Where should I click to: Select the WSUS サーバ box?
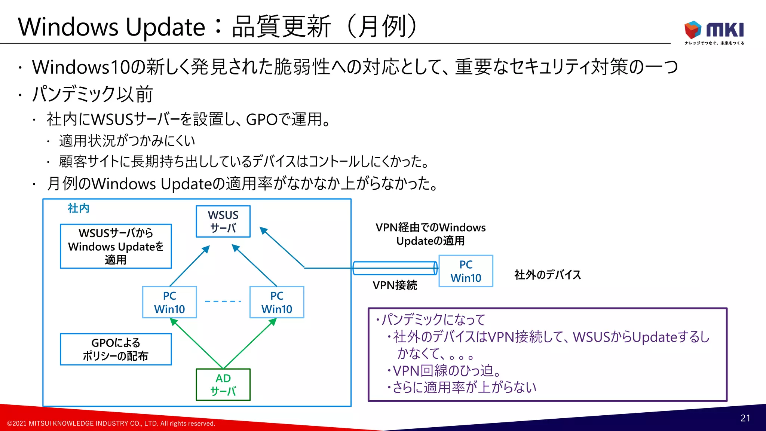pyautogui.click(x=223, y=221)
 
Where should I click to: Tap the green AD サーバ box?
pyautogui.click(x=223, y=385)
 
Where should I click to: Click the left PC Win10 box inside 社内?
pyautogui.click(x=169, y=302)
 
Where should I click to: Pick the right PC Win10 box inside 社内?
pyautogui.click(x=277, y=302)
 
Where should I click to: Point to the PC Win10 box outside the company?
pyautogui.click(x=466, y=271)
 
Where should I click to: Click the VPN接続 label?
pyautogui.click(x=395, y=285)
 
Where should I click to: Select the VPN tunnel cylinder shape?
pyautogui.click(x=395, y=268)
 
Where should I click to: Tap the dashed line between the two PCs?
pyautogui.click(x=223, y=301)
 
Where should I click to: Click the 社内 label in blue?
pyautogui.click(x=79, y=208)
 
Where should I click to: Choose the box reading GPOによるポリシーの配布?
pyautogui.click(x=116, y=349)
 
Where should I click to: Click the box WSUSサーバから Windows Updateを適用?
pyautogui.click(x=116, y=246)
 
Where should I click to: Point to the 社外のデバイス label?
pyautogui.click(x=548, y=275)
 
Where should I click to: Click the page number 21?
pyautogui.click(x=745, y=418)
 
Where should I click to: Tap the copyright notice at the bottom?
pyautogui.click(x=111, y=424)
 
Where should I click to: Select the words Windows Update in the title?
pyautogui.click(x=111, y=27)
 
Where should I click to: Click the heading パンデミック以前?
pyautogui.click(x=92, y=94)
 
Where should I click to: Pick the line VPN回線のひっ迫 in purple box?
pyautogui.click(x=447, y=371)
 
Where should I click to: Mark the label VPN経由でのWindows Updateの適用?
pyautogui.click(x=431, y=234)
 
